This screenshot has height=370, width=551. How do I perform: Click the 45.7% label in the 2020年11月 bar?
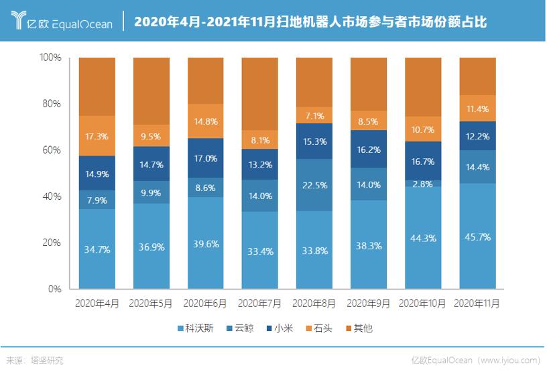(477, 237)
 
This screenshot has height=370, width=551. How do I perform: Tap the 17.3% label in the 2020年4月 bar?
(97, 136)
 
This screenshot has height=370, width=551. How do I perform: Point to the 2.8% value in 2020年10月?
(423, 184)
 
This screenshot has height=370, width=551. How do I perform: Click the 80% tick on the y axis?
(51, 104)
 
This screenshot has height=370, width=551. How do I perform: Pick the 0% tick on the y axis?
(55, 289)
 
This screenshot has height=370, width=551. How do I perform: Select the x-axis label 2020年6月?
(205, 304)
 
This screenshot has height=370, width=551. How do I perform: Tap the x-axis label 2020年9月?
(369, 304)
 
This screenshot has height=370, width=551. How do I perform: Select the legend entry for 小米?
(283, 328)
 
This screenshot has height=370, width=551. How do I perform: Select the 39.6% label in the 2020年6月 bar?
(205, 243)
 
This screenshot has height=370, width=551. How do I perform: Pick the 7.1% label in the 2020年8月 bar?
(314, 115)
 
